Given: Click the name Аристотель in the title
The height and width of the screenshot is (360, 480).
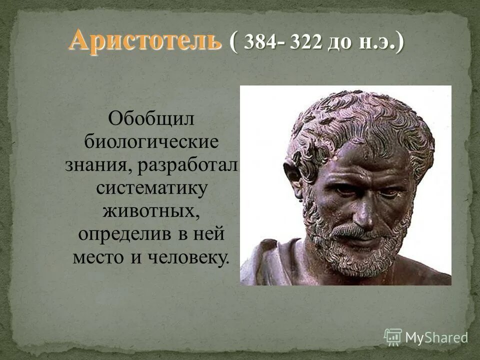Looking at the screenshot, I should coord(145,39).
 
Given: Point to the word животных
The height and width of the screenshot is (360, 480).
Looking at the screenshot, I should coord(151,211).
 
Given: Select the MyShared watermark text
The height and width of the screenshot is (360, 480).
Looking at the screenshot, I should coord(436,337).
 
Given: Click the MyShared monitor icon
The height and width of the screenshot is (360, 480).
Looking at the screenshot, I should coord(393,337).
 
